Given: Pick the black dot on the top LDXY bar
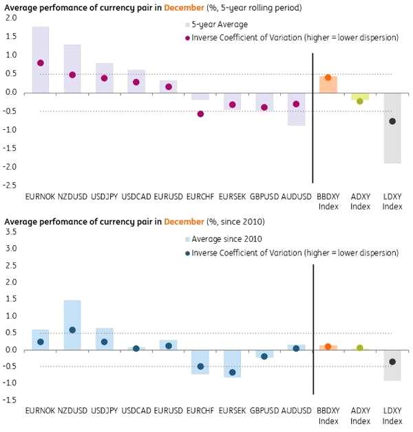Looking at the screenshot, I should [392, 122].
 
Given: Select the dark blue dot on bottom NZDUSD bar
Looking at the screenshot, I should [72, 330].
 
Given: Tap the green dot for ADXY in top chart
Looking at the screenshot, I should [360, 101].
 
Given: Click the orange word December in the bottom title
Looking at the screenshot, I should [182, 222].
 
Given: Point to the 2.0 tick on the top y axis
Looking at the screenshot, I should [10, 18].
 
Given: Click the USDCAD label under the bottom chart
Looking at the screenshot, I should [136, 411].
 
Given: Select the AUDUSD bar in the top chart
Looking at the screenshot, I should [296, 109].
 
